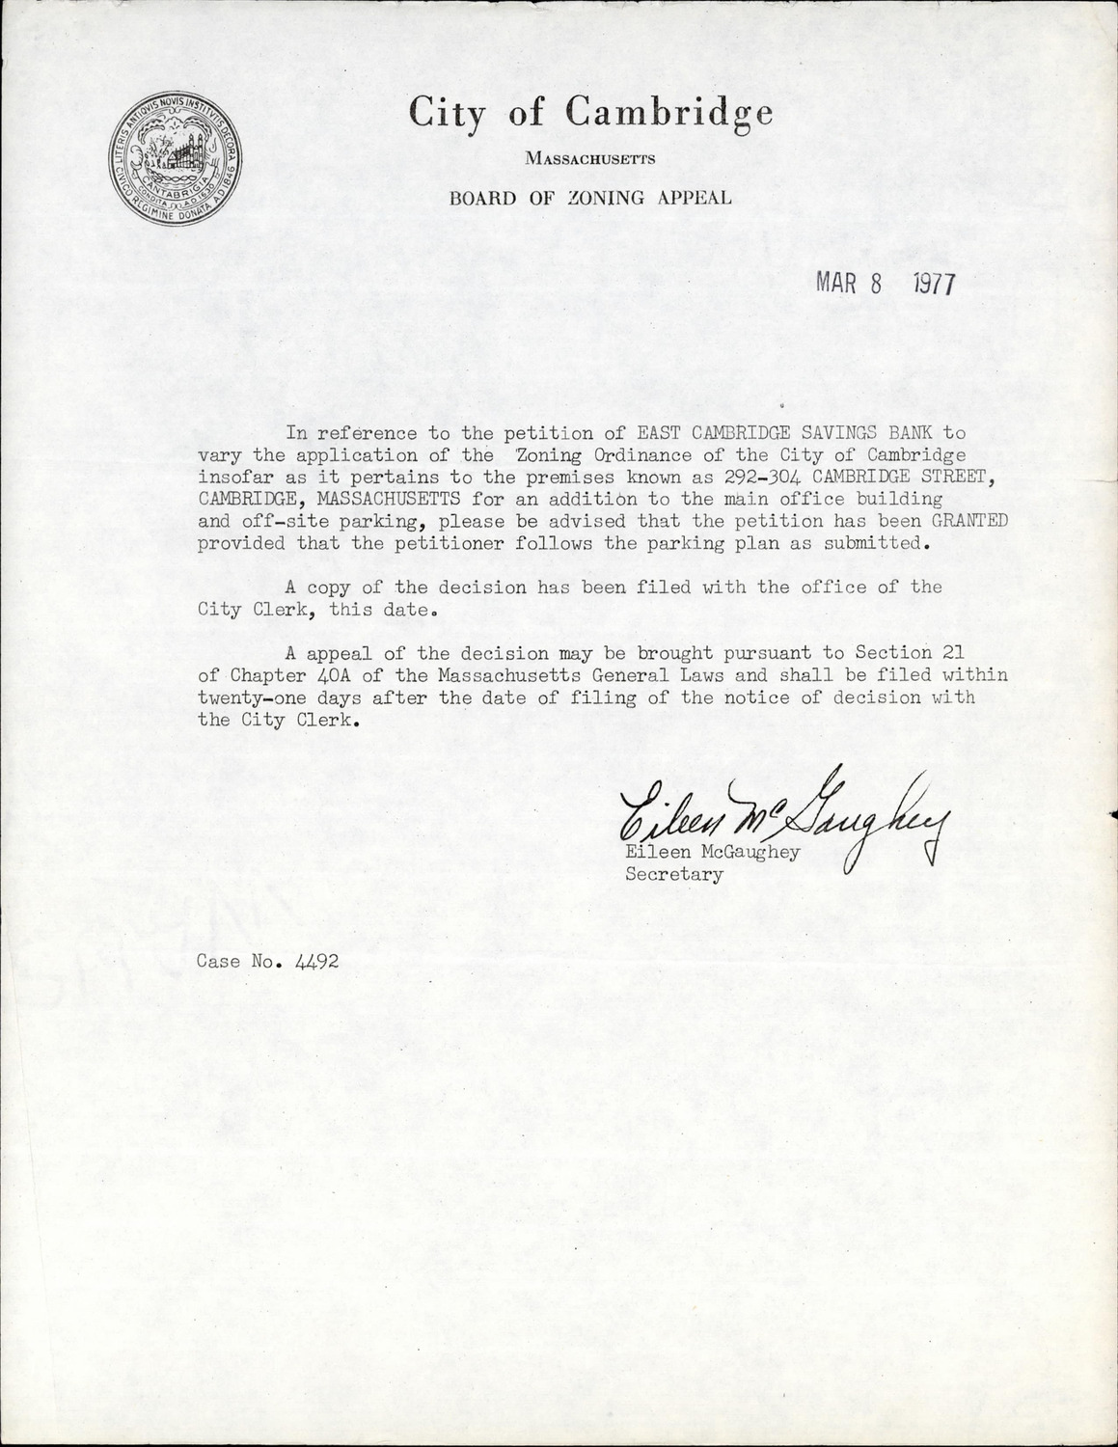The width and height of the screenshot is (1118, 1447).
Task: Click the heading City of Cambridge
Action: coord(590,113)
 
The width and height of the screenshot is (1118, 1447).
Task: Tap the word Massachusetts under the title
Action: coord(590,158)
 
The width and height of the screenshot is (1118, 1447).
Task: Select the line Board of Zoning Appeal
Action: coord(590,199)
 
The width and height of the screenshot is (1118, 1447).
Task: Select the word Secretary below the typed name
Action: coord(674,875)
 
